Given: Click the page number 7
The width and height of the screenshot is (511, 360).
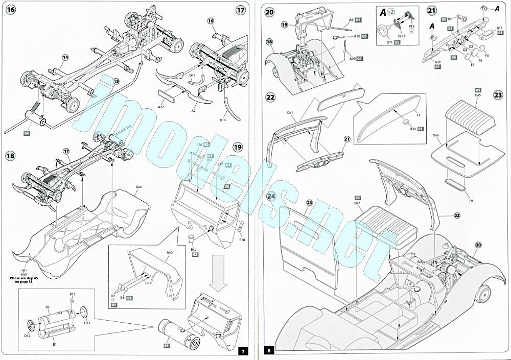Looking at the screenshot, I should pos(244,351).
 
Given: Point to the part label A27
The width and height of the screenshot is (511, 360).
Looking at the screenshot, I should pos(160,107).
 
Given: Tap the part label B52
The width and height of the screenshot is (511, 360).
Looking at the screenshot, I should pos(194,249).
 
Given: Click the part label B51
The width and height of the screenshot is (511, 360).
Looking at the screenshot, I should pos(73,294).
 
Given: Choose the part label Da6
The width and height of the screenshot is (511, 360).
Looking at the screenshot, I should pos(435,135).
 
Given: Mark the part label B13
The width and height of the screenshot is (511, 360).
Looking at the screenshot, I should pos(500,28).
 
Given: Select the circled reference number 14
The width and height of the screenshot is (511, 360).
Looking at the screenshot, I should pos(65,57).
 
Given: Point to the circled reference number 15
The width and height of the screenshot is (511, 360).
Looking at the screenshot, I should pos(116,81).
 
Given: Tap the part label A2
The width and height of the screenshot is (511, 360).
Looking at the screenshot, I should pos(194,110).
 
